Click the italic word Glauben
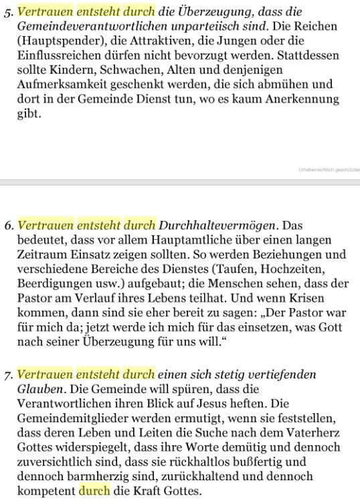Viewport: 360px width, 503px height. click(38, 390)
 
